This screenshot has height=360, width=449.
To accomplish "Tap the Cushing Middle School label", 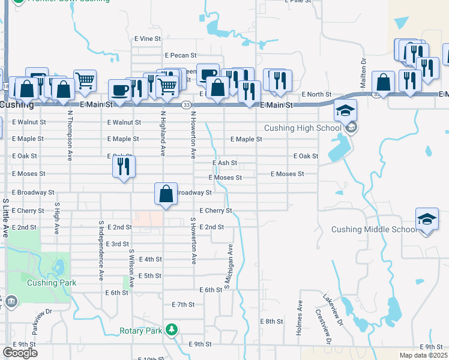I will pos(374,230).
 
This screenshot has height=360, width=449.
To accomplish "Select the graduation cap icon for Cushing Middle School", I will pos(426,220).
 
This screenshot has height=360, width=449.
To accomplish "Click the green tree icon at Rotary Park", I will pos(172,330).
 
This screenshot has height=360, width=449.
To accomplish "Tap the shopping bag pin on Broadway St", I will pos(166,194).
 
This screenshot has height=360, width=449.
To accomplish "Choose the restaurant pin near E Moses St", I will pos(124,166).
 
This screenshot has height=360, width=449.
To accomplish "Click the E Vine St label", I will pos(148,38).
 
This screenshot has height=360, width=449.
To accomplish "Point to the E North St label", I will pos(316,94).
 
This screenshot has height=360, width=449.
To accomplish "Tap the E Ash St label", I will pos(225,163).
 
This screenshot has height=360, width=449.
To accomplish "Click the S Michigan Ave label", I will pos(228,266).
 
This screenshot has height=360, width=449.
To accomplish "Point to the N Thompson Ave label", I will pos(70,135).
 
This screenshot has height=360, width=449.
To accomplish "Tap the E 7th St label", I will pos(183,305).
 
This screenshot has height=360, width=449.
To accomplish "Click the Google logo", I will pos(20,353).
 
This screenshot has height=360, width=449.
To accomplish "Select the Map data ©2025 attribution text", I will pos(424,355).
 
